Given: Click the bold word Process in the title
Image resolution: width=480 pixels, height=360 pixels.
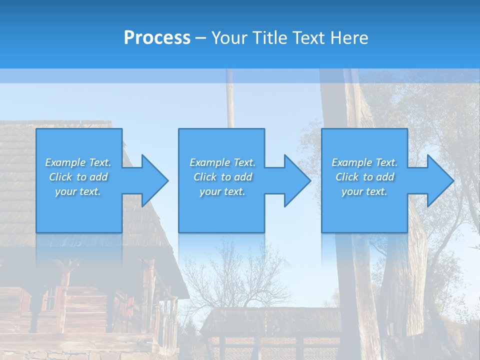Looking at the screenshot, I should [x=157, y=38].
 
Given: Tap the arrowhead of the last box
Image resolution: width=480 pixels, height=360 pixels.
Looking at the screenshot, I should [x=439, y=180].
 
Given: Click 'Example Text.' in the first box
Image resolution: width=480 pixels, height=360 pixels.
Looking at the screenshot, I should [x=78, y=162].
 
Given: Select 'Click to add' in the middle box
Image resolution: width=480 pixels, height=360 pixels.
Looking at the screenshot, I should [x=222, y=177].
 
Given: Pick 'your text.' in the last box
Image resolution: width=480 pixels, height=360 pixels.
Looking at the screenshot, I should [x=364, y=191].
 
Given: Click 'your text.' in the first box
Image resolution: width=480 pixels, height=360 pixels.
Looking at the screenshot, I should [x=78, y=191].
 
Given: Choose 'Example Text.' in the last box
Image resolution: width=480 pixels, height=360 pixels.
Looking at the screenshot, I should [x=364, y=162].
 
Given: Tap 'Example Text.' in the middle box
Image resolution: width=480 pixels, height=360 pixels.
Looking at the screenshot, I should [x=222, y=162].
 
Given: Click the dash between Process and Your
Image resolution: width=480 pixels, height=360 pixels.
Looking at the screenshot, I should [x=201, y=38].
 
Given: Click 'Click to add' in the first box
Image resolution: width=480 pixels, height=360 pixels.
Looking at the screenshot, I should [x=78, y=177].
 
